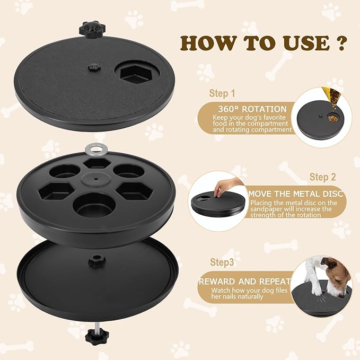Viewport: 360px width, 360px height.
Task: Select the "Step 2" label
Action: click(326, 177)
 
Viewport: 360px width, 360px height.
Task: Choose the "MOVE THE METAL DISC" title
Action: click(296, 194)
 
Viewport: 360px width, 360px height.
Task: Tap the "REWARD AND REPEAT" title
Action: click(244, 282)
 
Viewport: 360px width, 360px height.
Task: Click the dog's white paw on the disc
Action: click(317, 289)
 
